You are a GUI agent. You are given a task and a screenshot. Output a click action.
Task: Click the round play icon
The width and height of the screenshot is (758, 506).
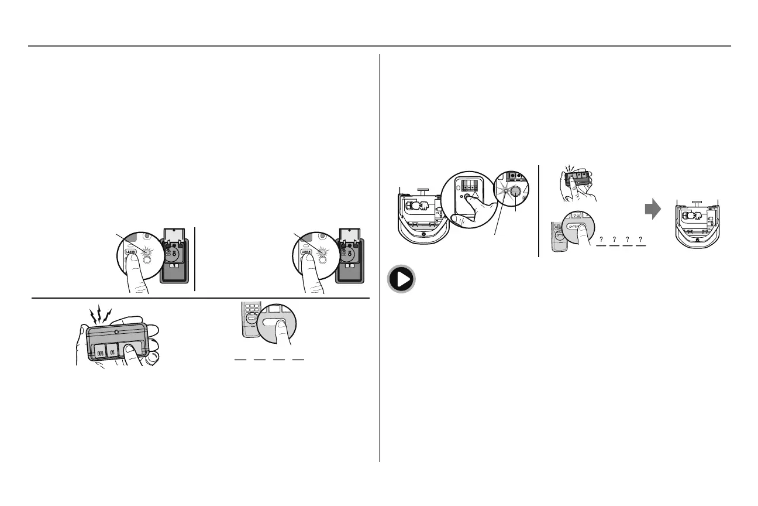(401, 279)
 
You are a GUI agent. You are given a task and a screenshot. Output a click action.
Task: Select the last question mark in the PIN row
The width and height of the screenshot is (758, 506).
(641, 240)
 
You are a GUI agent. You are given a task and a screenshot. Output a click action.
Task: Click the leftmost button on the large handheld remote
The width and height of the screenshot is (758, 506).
(99, 353)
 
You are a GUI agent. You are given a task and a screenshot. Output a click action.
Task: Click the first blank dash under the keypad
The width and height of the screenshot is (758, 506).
(240, 359)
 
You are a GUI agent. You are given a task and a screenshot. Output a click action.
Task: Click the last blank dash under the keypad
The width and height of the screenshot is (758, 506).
(298, 359)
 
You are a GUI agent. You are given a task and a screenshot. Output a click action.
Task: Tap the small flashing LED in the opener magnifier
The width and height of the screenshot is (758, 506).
(501, 190)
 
